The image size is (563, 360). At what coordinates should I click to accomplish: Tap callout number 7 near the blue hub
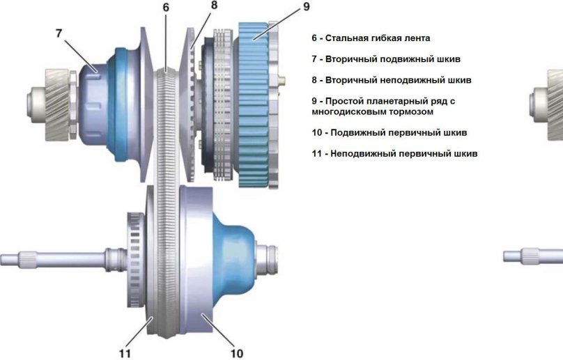click(x=59, y=32)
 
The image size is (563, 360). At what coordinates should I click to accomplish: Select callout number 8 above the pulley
click(x=214, y=5)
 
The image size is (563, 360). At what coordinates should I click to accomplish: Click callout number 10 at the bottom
click(x=237, y=353)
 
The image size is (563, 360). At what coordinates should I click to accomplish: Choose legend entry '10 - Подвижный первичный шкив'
click(x=389, y=132)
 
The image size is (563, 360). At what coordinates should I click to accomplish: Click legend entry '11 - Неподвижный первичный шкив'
click(x=394, y=153)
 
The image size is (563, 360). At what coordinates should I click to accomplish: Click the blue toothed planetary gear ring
click(x=258, y=104)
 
